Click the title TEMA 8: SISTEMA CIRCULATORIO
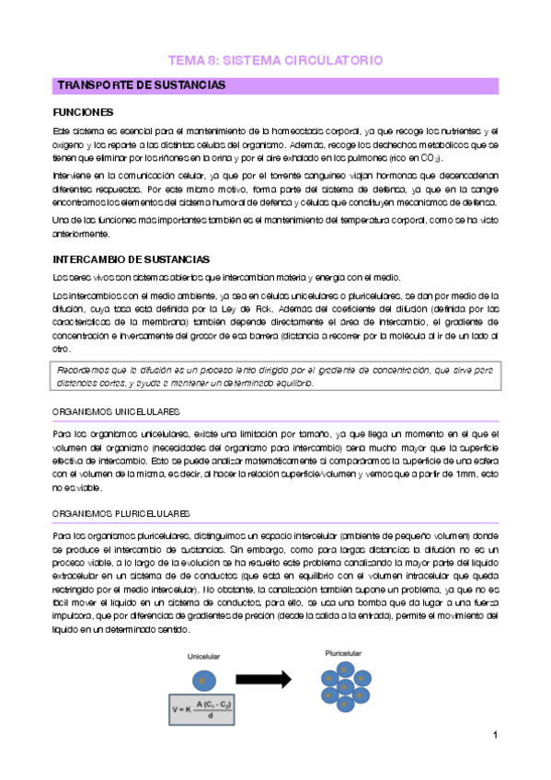click(275, 61)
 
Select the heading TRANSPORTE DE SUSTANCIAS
click(142, 86)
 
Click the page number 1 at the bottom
click(495, 736)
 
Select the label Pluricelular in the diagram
click(343, 652)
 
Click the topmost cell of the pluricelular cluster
click(344, 668)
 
